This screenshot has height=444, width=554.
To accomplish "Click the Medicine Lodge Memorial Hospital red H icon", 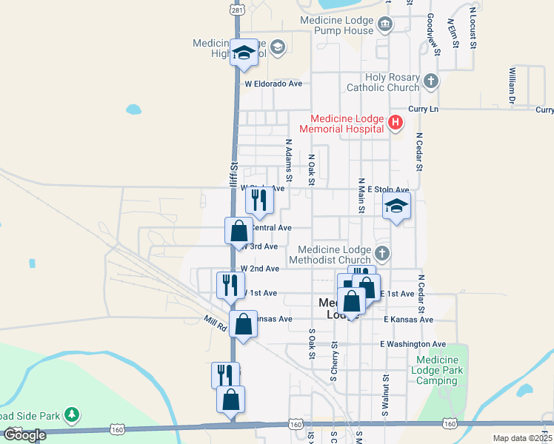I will (x=396, y=123).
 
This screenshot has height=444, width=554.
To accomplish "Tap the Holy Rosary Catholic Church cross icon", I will (x=431, y=80).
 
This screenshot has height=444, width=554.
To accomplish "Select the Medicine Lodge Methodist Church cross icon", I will (x=382, y=254).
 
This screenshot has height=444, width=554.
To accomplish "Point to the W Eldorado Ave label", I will (x=274, y=84).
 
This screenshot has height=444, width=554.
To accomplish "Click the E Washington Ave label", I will (x=413, y=344).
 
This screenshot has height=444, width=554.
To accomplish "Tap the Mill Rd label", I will (x=216, y=322).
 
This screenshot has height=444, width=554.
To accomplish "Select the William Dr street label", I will (x=512, y=85).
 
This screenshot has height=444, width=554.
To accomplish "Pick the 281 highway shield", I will (x=236, y=10).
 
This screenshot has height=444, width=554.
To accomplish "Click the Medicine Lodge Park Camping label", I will (x=437, y=370).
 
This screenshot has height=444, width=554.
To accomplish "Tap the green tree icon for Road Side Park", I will (x=72, y=414).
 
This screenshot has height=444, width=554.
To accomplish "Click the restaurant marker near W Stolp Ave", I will (x=258, y=201).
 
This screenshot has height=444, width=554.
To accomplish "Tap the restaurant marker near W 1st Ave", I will (x=230, y=285).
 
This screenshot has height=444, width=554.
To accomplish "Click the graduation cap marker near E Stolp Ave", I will (x=396, y=207).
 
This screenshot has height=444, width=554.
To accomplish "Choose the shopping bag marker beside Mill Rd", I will (x=243, y=323).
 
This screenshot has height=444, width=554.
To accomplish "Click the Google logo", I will (x=24, y=435).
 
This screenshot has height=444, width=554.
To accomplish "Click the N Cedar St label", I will (x=419, y=152).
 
